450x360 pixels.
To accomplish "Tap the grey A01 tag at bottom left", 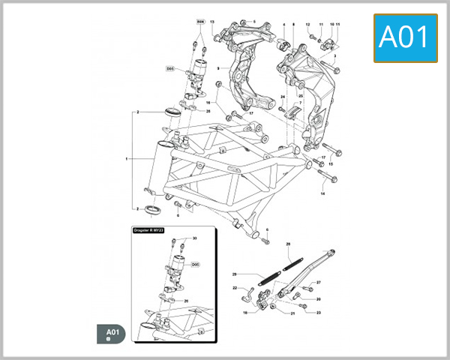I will tap(112, 333).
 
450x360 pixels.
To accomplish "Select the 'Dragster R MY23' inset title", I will tap(152, 231).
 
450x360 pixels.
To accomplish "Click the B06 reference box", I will tap(200, 22).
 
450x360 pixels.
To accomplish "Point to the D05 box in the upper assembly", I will tap(170, 68).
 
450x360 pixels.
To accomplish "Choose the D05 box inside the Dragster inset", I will tap(195, 265).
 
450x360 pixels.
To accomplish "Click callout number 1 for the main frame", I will tap(127, 159).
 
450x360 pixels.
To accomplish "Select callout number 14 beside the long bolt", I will tap(323, 193).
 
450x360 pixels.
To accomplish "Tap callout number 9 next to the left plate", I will tap(217, 69).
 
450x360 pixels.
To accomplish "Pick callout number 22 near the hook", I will tap(234, 288).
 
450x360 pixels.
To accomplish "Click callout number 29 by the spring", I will tap(234, 274).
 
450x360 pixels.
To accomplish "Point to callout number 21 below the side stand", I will tap(292, 313).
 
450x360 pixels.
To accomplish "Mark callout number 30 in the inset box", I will tap(194, 238).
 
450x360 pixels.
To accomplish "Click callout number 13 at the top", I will tap(212, 22).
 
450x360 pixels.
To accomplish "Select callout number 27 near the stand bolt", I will tap(318, 282).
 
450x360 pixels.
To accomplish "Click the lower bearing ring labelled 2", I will tap(152, 208).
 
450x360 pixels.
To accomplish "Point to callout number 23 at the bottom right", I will tap(318, 312).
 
